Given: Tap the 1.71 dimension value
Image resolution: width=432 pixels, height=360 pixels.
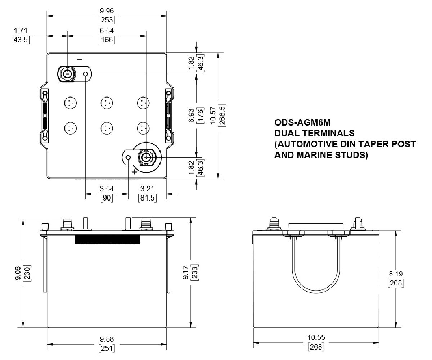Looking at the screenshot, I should click(21, 31).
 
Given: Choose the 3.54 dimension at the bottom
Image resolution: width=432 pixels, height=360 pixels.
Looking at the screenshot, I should click(107, 189).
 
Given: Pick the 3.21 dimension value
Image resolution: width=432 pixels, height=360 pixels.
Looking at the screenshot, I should click(147, 189).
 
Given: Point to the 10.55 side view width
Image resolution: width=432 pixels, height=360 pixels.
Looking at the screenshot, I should click(316, 337).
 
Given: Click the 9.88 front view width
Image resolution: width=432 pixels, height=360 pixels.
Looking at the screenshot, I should click(107, 339).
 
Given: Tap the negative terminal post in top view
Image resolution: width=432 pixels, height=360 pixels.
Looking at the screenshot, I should click(67, 74).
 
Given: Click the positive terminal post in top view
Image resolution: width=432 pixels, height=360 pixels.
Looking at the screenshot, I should click(146, 157).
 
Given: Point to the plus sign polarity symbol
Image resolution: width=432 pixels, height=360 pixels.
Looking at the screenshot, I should click(134, 172).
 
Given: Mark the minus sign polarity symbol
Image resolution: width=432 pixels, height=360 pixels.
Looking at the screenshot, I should click(79, 59).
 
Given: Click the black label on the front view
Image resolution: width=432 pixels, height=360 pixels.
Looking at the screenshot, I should click(107, 240).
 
